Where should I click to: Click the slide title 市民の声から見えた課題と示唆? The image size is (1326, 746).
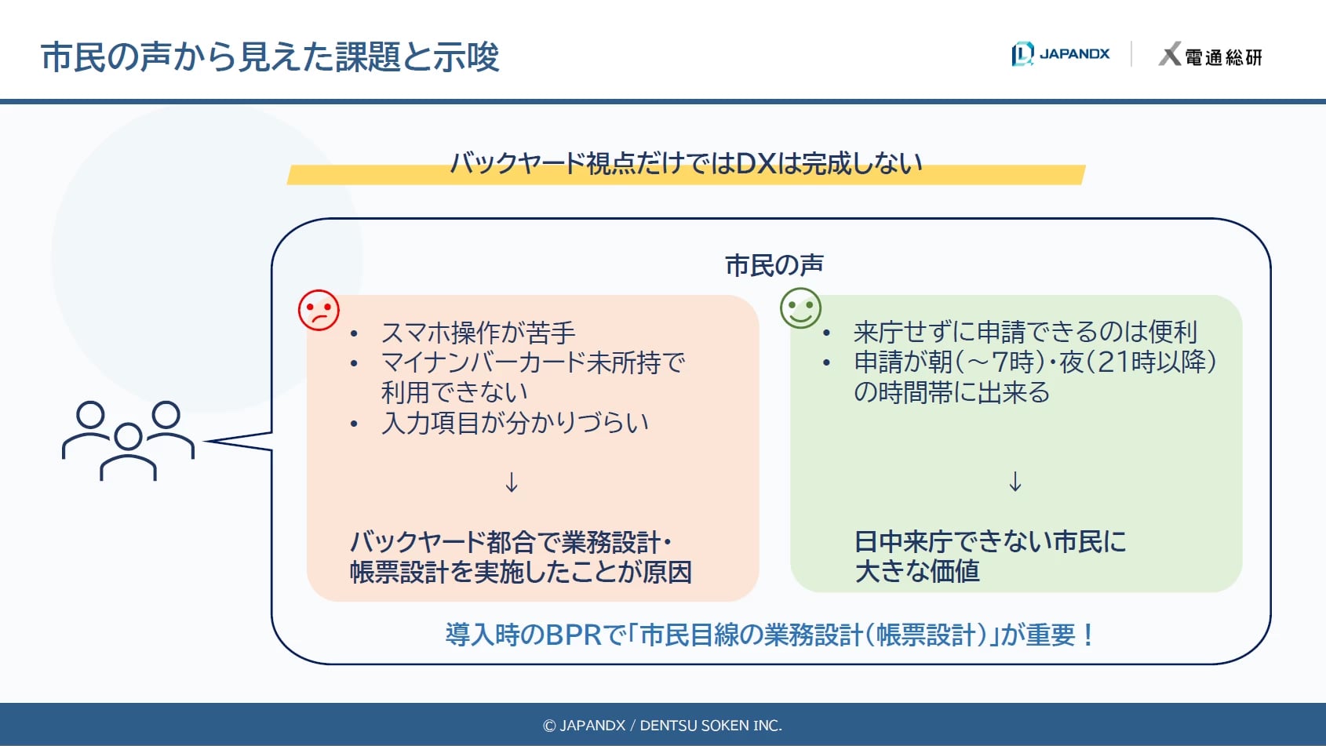[x=270, y=57]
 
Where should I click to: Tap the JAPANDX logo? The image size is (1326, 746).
[x=1060, y=54]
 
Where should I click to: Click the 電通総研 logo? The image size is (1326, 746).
[x=1211, y=54]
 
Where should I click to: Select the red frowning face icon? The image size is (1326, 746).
[x=319, y=310]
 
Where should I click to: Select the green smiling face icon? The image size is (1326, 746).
[x=800, y=308]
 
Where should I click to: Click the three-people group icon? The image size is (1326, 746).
[x=128, y=441]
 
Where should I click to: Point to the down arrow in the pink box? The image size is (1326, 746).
[x=512, y=482]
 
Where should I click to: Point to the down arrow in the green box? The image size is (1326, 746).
[x=1015, y=482]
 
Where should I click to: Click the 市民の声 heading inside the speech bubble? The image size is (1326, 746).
[x=774, y=265]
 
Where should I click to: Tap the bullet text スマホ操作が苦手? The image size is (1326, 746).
[x=479, y=333]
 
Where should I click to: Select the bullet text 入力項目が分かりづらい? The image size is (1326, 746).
[x=515, y=423]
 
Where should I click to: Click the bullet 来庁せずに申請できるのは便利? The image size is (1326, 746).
[x=1025, y=332]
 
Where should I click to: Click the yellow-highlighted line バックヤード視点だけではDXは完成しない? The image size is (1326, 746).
[x=686, y=163]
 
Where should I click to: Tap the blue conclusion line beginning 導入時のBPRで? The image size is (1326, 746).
[x=770, y=635]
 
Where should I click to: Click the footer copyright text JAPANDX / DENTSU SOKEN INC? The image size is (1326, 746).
[x=662, y=726]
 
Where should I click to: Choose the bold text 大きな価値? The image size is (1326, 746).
[x=917, y=571]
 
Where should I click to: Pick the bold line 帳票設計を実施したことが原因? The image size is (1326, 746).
[x=521, y=573]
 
